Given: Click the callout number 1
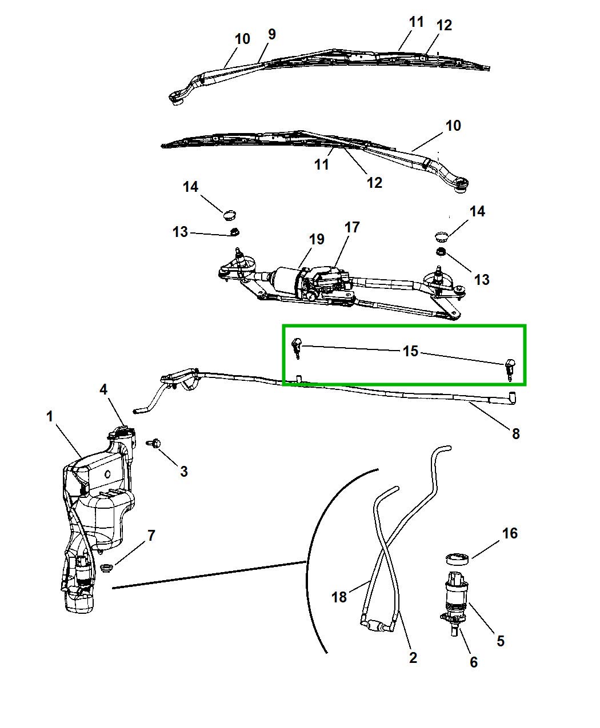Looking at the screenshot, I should [50, 417].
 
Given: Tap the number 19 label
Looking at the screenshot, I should [317, 239].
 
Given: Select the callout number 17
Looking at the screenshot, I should [352, 227].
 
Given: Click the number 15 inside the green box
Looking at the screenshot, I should [411, 351].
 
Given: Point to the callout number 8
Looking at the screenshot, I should [515, 433].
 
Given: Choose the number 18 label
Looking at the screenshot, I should [339, 597].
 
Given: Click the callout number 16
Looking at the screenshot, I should [509, 533].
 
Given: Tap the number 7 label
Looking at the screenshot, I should [151, 536].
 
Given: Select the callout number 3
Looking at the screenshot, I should [183, 472].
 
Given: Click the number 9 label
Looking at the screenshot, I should [271, 34].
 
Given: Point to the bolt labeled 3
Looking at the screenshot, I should [155, 443].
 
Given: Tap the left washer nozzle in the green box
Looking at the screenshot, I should [297, 345].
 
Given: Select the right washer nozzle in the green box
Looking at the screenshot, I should [510, 367].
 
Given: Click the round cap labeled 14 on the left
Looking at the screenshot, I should [230, 215].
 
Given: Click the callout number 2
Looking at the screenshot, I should [413, 658].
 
